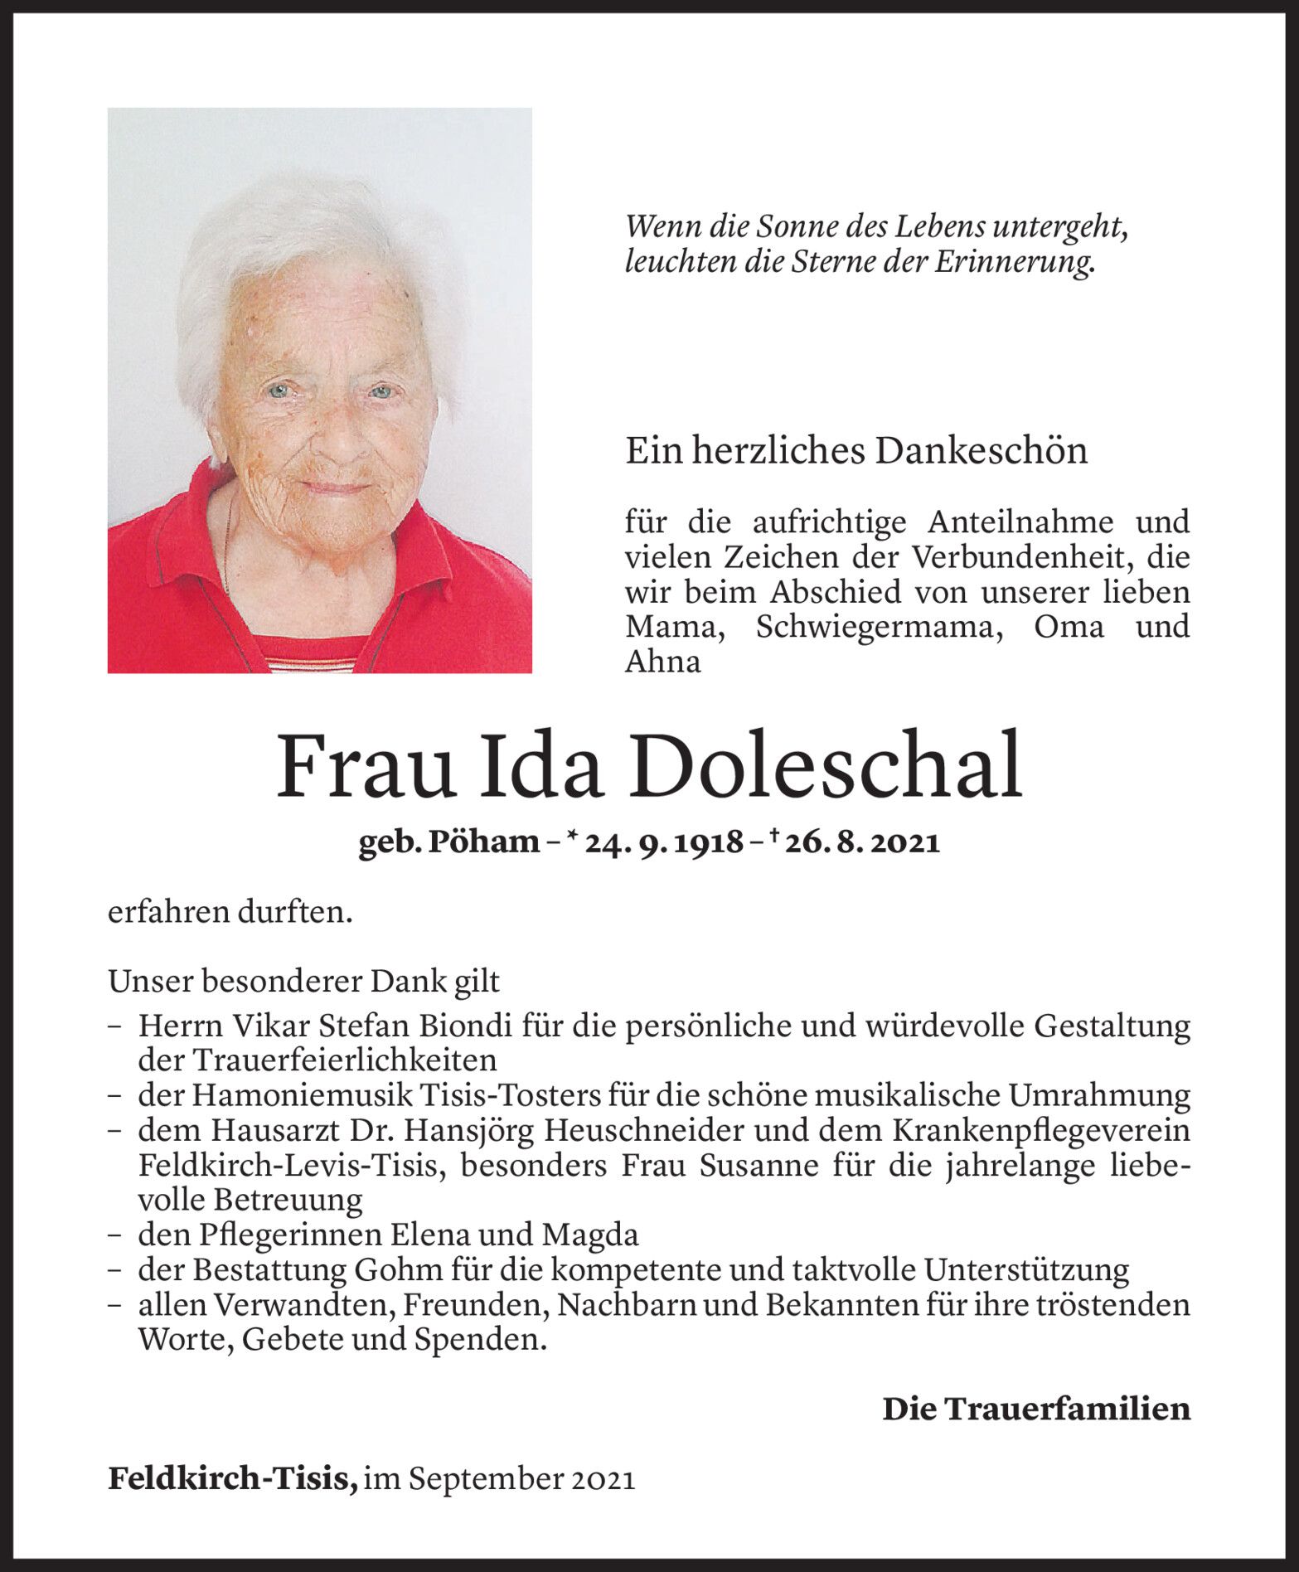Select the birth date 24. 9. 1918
pos(663,842)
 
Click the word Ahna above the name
pos(662,661)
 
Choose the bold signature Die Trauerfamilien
pos(1036,1408)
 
